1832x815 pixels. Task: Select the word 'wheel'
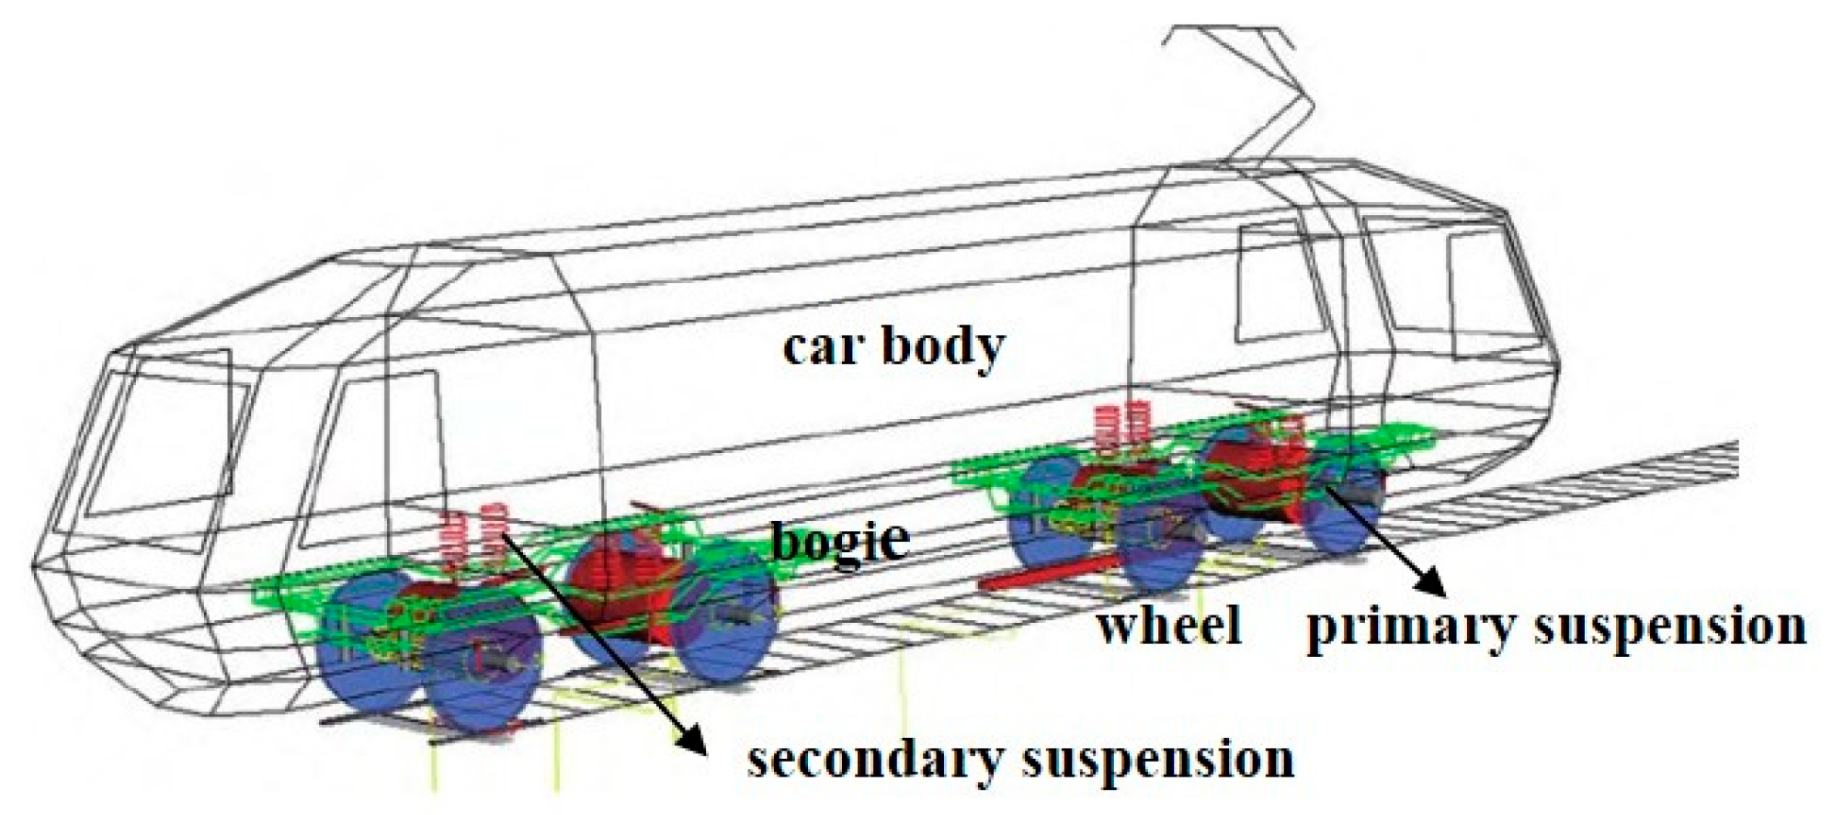pyautogui.click(x=1168, y=625)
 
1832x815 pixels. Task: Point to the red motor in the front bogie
pyautogui.click(x=611, y=588)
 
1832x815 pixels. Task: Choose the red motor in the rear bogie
pyautogui.click(x=1250, y=469)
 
